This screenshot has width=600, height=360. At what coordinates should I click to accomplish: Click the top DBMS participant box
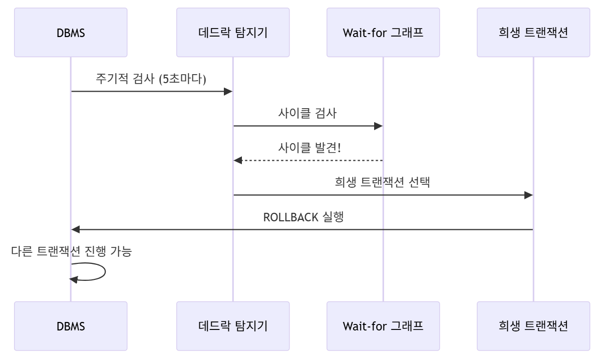click(x=71, y=33)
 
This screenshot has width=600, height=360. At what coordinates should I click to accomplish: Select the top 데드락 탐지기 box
click(x=233, y=33)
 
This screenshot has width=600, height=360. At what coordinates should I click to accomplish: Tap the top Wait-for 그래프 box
click(x=383, y=33)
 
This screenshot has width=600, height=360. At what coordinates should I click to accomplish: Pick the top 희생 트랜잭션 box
click(x=533, y=33)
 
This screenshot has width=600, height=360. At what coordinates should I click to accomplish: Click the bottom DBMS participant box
click(x=71, y=326)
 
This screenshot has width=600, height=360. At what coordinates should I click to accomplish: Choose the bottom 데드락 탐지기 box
click(x=233, y=326)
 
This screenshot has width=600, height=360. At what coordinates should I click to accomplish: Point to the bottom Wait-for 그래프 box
click(x=383, y=326)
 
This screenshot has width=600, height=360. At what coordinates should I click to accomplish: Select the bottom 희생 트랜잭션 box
click(x=533, y=326)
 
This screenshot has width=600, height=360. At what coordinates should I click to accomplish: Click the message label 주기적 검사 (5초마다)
click(x=151, y=80)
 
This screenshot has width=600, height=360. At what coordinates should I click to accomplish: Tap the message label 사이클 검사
click(x=308, y=114)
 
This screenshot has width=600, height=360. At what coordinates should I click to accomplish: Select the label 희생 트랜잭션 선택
click(x=383, y=183)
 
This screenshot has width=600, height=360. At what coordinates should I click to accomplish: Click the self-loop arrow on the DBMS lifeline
click(x=104, y=271)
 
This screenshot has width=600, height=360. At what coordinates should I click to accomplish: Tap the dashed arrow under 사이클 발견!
click(x=308, y=160)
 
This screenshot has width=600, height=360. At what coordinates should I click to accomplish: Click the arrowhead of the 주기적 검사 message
click(x=228, y=92)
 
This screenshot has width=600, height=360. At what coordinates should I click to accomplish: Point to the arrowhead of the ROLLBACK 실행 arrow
click(x=76, y=229)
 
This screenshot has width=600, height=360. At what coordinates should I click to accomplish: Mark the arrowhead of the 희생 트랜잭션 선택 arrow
click(x=529, y=195)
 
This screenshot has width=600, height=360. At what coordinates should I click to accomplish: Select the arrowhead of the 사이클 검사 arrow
click(x=379, y=126)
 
